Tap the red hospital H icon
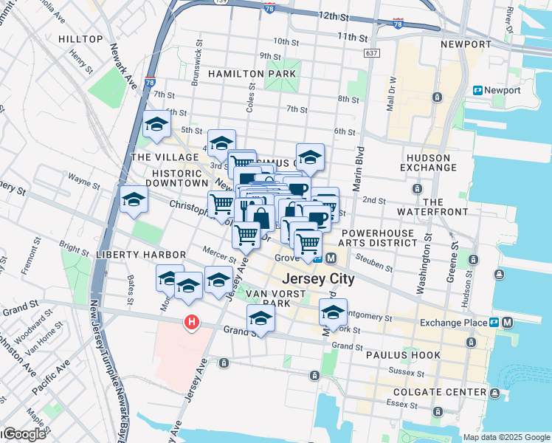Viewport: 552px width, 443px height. click(x=192, y=323)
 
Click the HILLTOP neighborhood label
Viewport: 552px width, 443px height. click(x=80, y=38)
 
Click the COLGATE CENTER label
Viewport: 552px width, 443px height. click(x=440, y=392)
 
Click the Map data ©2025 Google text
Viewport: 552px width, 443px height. click(x=506, y=437)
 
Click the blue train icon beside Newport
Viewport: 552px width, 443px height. click(x=477, y=90)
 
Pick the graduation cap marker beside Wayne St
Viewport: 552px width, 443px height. click(x=134, y=200)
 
